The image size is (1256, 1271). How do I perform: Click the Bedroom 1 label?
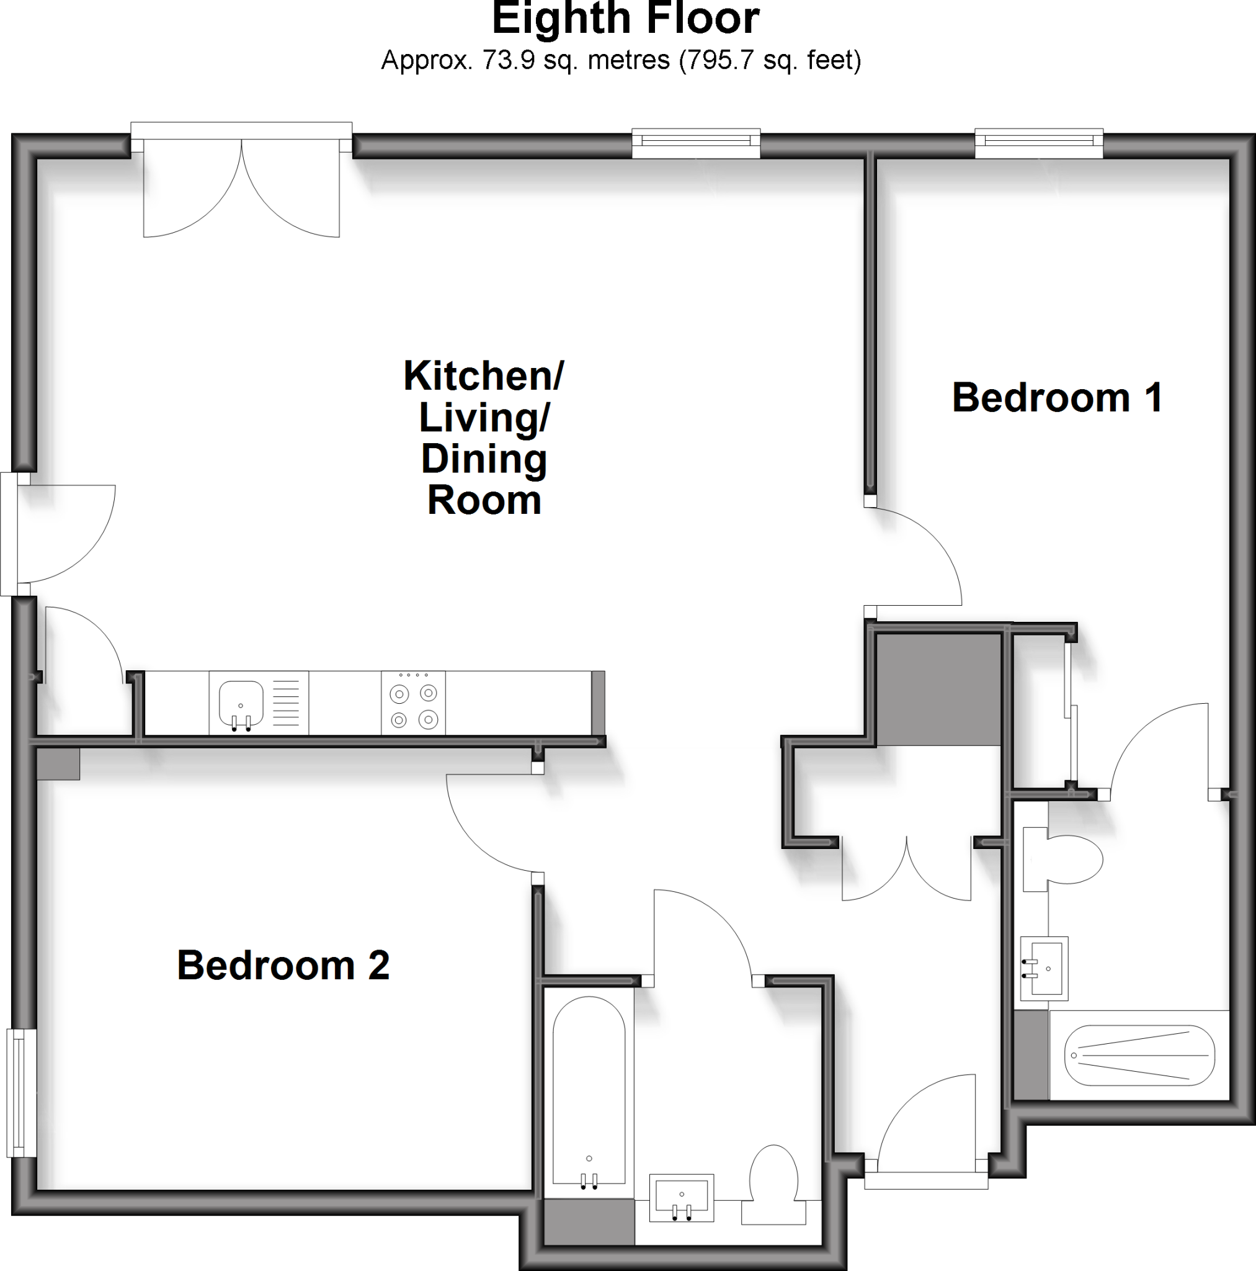(1057, 398)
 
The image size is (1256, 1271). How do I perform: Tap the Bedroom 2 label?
(283, 965)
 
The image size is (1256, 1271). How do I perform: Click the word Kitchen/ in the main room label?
(483, 375)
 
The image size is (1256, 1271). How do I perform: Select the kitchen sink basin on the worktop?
(241, 703)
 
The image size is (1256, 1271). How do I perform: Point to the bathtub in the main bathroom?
(588, 1093)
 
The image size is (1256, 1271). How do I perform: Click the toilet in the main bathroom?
(774, 1184)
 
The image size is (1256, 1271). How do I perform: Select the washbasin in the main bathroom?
(681, 1197)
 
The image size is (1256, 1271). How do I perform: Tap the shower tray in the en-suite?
(1139, 1054)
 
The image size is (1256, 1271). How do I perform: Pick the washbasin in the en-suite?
(1044, 968)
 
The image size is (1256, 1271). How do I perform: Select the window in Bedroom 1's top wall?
(1038, 141)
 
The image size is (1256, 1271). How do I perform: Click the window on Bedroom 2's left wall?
(22, 1092)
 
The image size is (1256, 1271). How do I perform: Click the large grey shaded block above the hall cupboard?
(938, 689)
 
